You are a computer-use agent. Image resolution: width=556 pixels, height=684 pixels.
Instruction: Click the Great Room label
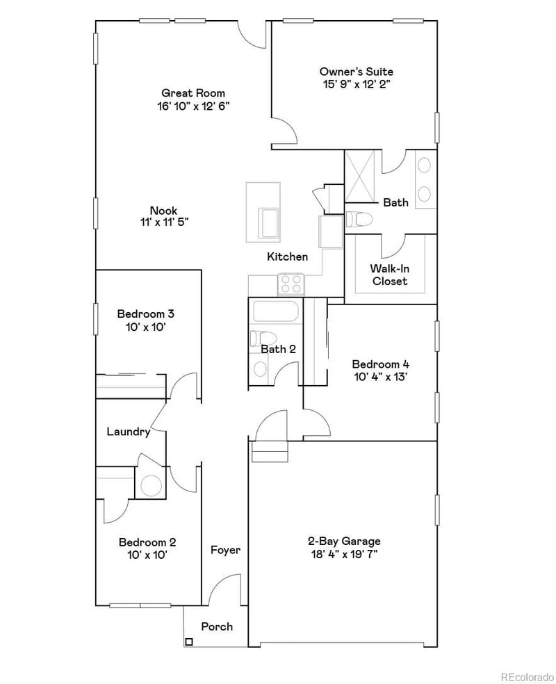193,93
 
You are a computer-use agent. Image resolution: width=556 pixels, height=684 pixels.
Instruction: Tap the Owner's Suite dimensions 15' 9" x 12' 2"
356,84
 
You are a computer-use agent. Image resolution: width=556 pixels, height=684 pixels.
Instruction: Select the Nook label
164,211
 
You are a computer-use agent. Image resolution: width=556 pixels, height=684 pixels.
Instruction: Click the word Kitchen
288,256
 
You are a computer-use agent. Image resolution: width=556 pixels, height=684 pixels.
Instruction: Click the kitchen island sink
269,223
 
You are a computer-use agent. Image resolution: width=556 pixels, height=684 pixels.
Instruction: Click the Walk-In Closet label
389,275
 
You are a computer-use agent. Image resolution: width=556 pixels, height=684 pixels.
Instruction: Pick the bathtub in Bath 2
276,312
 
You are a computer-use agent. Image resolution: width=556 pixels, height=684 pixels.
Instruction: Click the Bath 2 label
279,349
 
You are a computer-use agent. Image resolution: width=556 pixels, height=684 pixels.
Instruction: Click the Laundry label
129,432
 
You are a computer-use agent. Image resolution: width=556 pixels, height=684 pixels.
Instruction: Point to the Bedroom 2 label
147,542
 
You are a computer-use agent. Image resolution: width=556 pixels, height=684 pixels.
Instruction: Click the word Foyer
225,550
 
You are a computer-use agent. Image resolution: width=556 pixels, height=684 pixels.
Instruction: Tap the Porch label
217,626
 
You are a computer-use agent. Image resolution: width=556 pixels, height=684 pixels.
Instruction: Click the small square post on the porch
188,642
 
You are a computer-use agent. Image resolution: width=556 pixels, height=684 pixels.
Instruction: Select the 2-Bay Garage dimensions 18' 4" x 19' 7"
344,554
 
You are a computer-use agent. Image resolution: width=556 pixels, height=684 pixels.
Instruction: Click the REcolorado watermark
528,675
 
